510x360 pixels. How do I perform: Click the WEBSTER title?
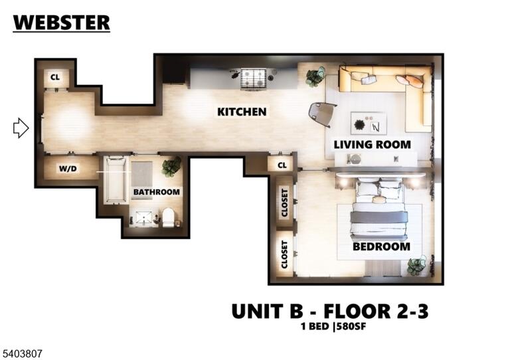(x=62, y=23)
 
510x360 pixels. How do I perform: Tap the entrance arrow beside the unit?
(x=21, y=128)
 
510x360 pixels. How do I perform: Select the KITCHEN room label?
(x=242, y=112)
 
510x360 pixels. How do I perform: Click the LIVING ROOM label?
(x=372, y=144)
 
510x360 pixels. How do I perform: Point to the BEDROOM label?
(x=381, y=246)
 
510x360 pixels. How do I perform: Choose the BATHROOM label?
(x=157, y=192)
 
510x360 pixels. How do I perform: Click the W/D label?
(x=68, y=169)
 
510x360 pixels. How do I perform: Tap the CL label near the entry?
(x=55, y=78)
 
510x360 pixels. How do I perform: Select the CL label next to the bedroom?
(x=282, y=165)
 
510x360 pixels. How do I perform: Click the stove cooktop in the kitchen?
(x=254, y=79)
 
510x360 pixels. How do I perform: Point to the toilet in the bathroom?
(x=169, y=217)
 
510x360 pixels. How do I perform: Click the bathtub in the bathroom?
(x=115, y=181)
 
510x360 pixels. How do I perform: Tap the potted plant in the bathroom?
(x=171, y=167)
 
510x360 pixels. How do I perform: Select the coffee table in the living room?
(x=369, y=123)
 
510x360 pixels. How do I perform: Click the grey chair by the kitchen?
(x=322, y=114)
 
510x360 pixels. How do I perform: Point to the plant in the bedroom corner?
(x=417, y=266)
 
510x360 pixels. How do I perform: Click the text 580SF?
(x=351, y=326)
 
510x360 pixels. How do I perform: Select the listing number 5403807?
(x=21, y=353)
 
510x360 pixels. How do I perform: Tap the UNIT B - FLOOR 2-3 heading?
(x=330, y=311)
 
